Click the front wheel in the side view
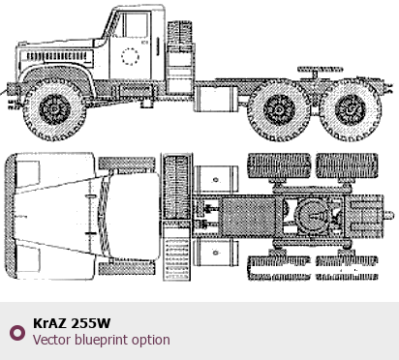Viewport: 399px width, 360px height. (x=54, y=108)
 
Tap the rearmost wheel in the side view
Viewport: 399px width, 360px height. (x=350, y=109)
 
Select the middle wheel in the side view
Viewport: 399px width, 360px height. (x=279, y=109)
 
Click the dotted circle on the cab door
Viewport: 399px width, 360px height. (x=130, y=56)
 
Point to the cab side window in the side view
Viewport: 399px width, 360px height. (x=136, y=25)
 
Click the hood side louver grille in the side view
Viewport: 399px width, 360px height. (x=57, y=57)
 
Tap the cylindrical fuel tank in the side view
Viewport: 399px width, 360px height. (x=217, y=99)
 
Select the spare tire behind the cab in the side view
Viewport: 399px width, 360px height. (x=179, y=36)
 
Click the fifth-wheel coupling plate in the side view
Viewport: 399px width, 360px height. (x=320, y=69)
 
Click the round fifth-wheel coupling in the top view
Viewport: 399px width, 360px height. (x=313, y=215)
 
